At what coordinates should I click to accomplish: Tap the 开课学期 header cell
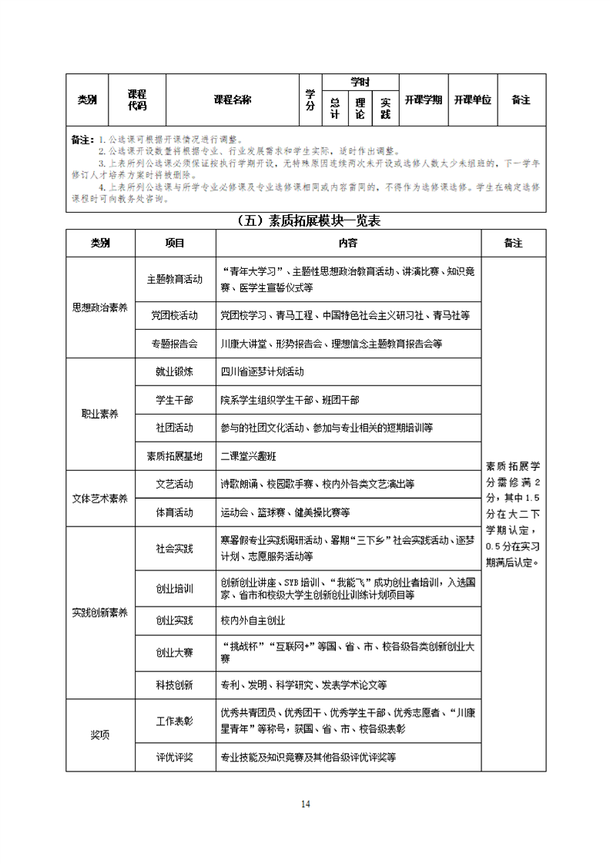coord(423,99)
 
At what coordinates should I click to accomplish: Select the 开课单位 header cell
coord(472,99)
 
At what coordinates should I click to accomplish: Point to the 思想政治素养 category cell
coord(100,307)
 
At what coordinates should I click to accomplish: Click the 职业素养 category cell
coord(100,414)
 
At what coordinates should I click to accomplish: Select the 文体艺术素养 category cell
coord(100,498)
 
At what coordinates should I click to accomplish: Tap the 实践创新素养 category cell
coord(100,613)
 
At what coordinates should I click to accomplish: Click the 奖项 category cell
coord(100,735)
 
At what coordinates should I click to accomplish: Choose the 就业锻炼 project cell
coord(175,371)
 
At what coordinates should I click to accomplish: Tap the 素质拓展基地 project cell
coord(175,456)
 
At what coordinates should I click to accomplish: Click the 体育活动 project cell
coord(175,512)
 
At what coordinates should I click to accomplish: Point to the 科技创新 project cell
coord(175,684)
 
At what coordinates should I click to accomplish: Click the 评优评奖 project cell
coord(175,757)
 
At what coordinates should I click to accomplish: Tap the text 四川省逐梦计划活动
coord(262,371)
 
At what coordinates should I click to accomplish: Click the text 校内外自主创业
coord(253,620)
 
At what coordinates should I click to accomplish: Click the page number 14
coord(305,804)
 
